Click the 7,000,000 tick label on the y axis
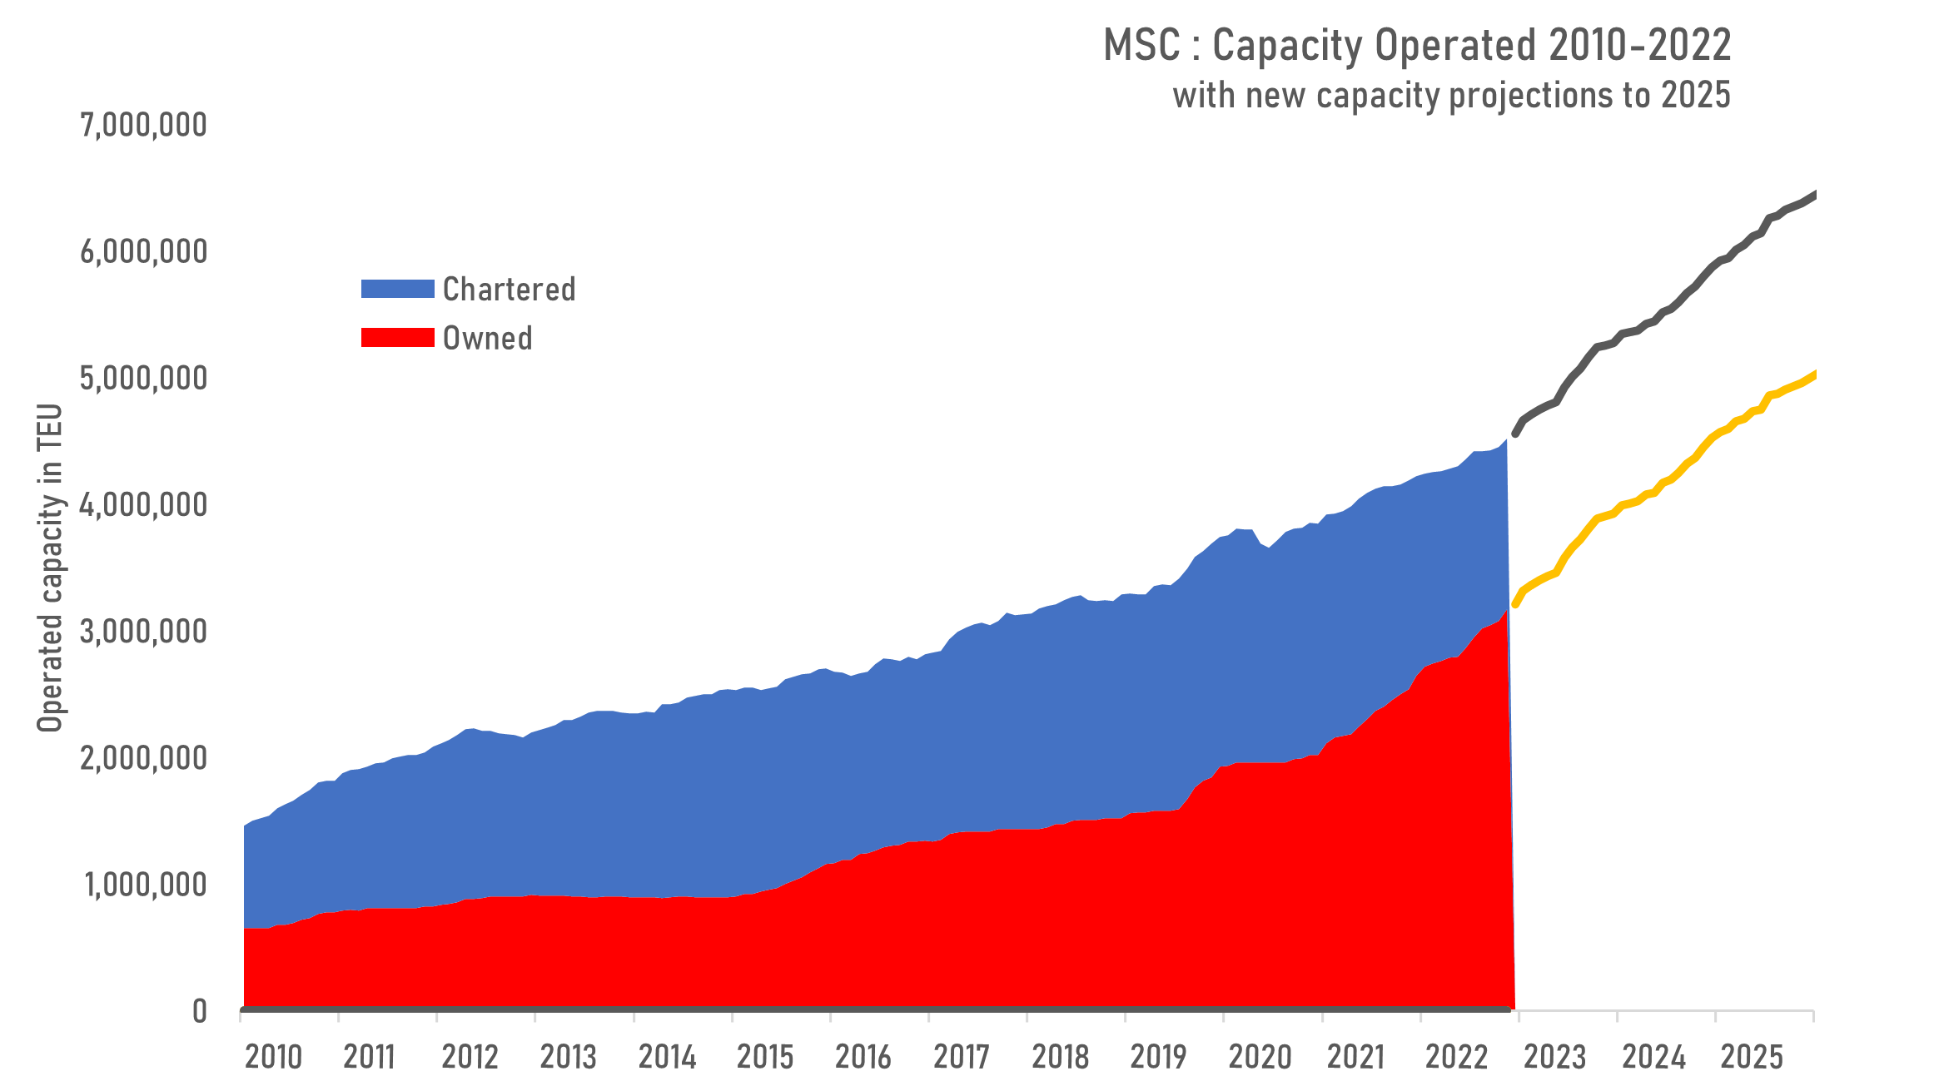click(x=143, y=125)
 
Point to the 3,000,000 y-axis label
click(x=143, y=632)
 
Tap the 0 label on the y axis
click(x=200, y=1011)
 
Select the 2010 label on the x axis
click(x=273, y=1057)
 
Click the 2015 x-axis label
click(x=765, y=1057)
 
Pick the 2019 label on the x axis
click(x=1158, y=1057)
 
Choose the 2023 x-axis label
click(x=1554, y=1057)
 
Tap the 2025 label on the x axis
click(x=1752, y=1057)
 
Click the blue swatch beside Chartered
click(x=397, y=289)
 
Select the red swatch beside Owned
click(x=397, y=337)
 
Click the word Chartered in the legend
click(x=509, y=289)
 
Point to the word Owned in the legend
click(x=487, y=338)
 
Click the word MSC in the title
click(x=1141, y=45)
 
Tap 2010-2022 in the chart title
click(x=1639, y=45)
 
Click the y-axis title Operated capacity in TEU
click(x=50, y=568)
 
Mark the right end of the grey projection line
click(x=1814, y=195)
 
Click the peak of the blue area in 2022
click(x=1505, y=441)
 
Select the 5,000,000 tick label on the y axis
click(x=143, y=378)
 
